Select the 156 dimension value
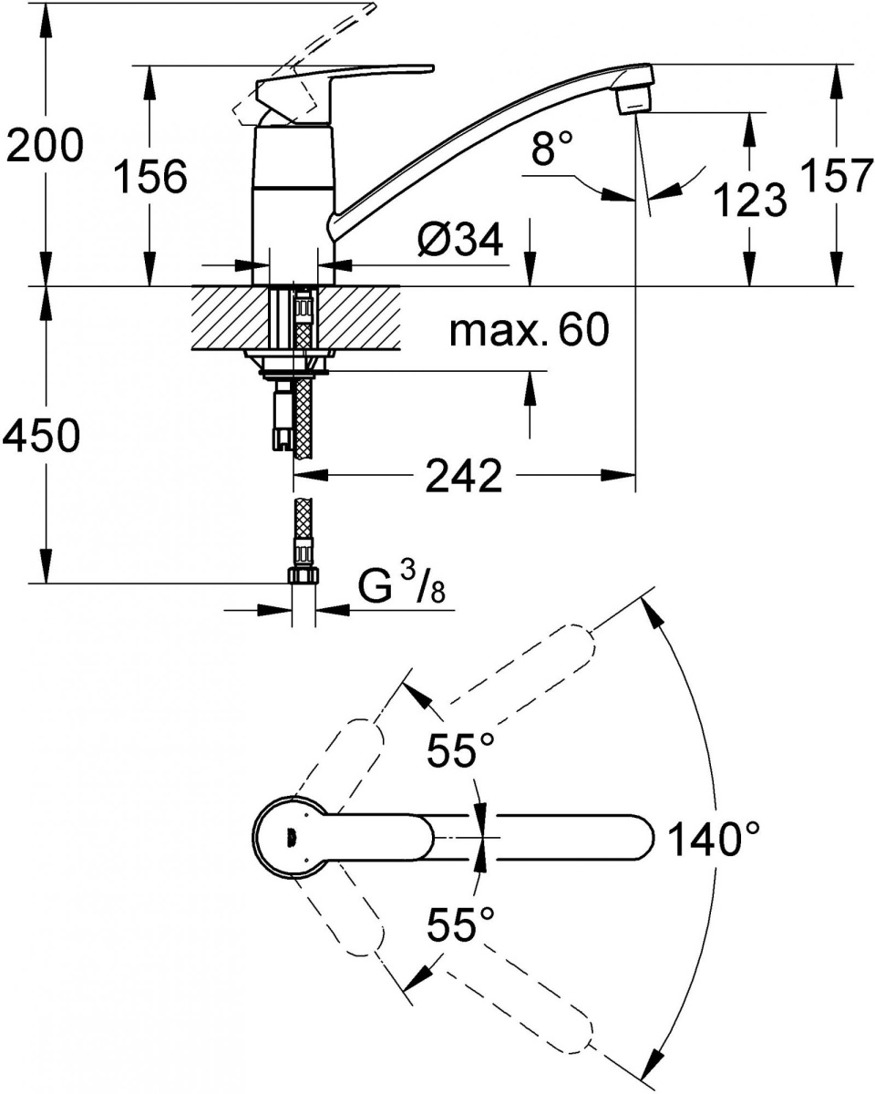pyautogui.click(x=150, y=176)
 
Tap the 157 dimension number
pyautogui.click(x=836, y=175)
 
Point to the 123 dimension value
pyautogui.click(x=750, y=200)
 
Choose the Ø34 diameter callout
pyautogui.click(x=460, y=239)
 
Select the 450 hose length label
pyautogui.click(x=42, y=435)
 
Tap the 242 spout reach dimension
pyautogui.click(x=464, y=475)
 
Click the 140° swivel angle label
pyautogui.click(x=714, y=840)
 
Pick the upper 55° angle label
pyautogui.click(x=460, y=749)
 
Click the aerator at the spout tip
pyautogui.click(x=634, y=101)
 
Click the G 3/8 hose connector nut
pyautogui.click(x=304, y=576)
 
